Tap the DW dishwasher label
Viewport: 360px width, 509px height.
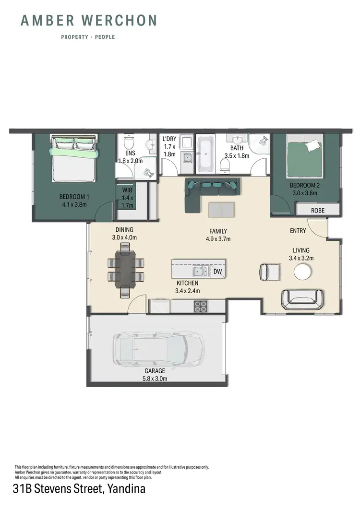(217, 272)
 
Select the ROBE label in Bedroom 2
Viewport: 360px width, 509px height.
(317, 210)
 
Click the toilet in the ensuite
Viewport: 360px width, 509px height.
(129, 142)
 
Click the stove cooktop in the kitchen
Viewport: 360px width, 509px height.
(200, 306)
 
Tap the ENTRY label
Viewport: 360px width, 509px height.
(298, 231)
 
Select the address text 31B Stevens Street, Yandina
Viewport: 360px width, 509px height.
(79, 489)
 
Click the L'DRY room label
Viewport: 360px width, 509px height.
(169, 139)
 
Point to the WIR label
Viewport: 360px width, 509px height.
(127, 190)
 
